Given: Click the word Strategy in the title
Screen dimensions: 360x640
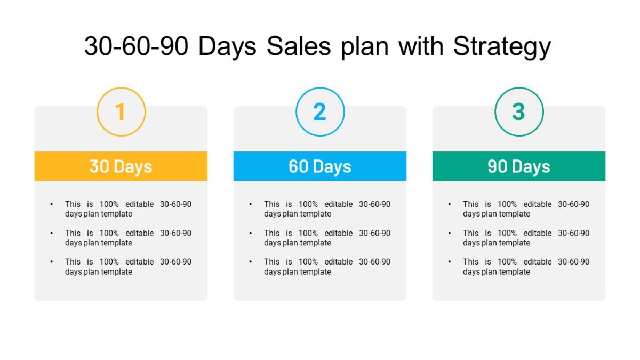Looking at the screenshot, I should pos(502,47).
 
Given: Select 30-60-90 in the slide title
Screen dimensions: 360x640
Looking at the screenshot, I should pos(136,47).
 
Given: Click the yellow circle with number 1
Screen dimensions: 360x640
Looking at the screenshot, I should pos(121,112).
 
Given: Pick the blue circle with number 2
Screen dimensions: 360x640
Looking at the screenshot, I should pos(320,112).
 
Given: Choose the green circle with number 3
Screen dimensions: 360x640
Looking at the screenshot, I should pos(519,112).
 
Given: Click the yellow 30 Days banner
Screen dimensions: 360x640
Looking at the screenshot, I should pos(121,166).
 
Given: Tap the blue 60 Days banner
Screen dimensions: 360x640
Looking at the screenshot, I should pos(320,166).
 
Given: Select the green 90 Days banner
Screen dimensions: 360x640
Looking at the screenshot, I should pos(519,166).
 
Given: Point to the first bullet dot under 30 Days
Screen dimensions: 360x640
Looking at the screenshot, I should pos(52,204).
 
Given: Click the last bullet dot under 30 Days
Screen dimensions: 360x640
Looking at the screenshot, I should pos(52,262).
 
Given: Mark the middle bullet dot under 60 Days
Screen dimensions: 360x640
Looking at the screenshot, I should pos(251,233).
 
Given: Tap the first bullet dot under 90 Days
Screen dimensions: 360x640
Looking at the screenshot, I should pos(450,204).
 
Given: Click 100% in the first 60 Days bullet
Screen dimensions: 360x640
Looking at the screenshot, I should pos(308,204).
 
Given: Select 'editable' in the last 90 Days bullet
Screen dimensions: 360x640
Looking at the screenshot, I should pos(538,262).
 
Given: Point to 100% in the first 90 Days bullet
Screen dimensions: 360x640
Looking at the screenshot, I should pos(507,204).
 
